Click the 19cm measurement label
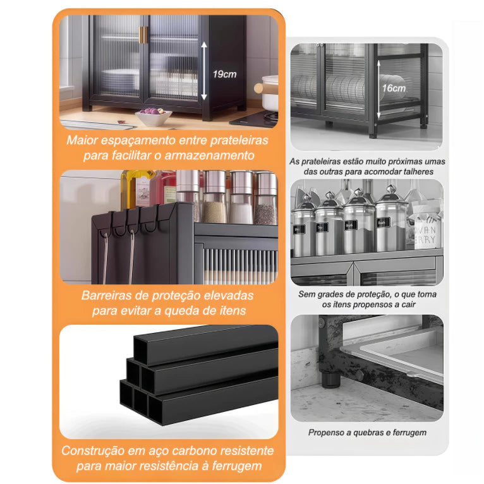pyautogui.click(x=224, y=74)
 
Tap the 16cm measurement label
pyautogui.click(x=394, y=88)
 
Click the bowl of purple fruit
pyautogui.click(x=154, y=116)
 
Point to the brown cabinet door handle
pyautogui.click(x=143, y=35)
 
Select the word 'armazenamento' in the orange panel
pyautogui.click(x=209, y=155)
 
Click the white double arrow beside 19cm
pyautogui.click(x=204, y=71)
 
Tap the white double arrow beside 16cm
pyautogui.click(x=378, y=90)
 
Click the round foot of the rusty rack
pyautogui.click(x=330, y=380)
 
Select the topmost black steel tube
pyautogui.click(x=205, y=345)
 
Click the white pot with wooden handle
pyautogui.click(x=267, y=92)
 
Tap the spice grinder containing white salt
pyautogui.click(x=241, y=198)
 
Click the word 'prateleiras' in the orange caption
pyautogui.click(x=239, y=140)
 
